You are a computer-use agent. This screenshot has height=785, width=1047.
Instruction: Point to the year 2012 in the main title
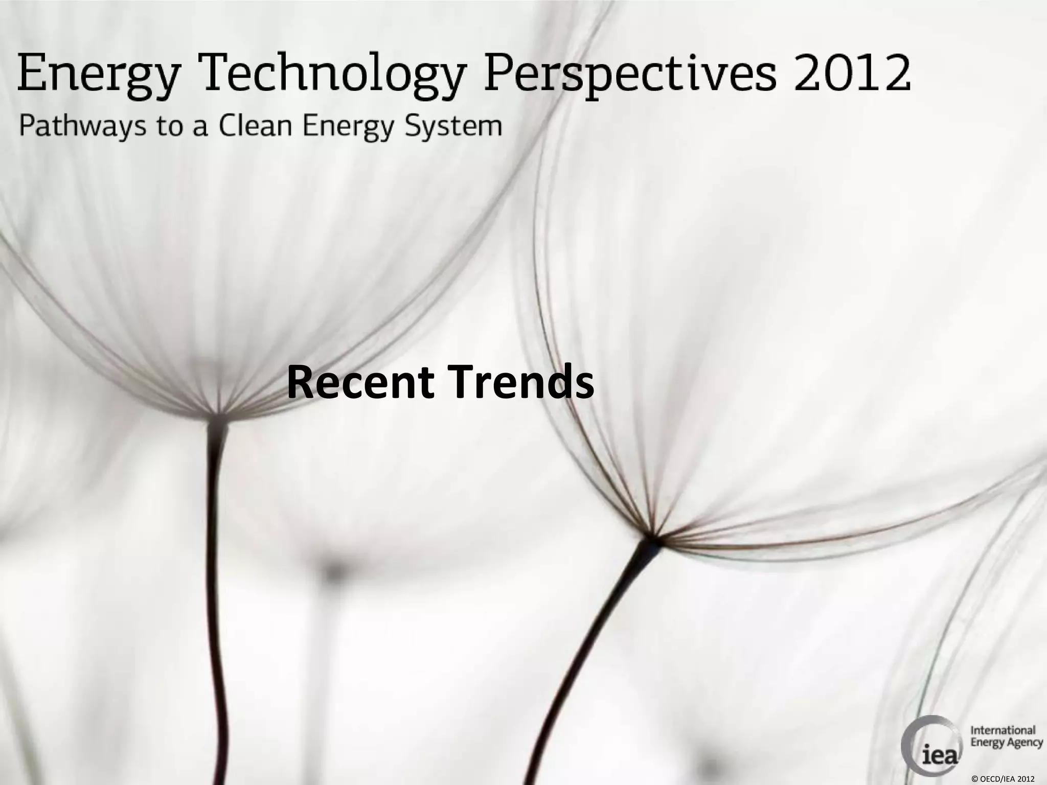[x=852, y=75]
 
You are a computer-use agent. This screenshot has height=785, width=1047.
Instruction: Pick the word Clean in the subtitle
[x=255, y=125]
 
